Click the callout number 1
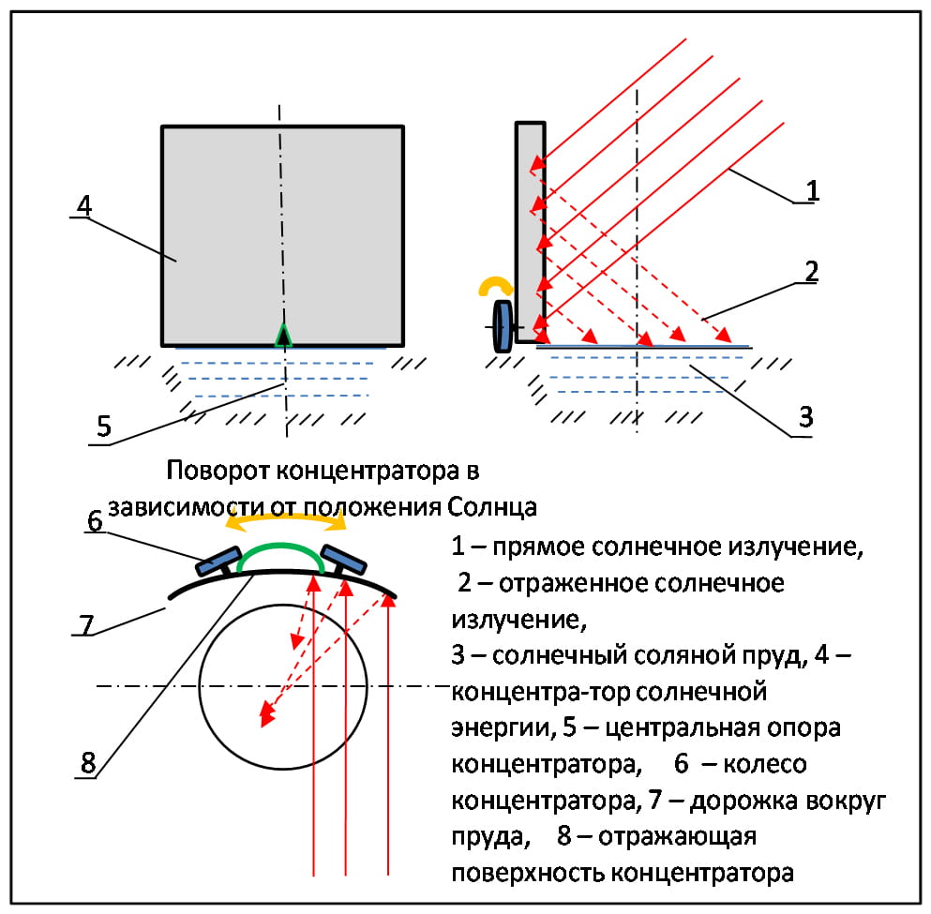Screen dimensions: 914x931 coord(813,189)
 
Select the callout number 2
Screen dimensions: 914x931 coord(811,272)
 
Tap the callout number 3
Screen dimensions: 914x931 coord(804,418)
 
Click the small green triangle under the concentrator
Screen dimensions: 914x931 coord(282,335)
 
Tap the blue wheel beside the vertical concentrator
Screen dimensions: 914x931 coord(504,325)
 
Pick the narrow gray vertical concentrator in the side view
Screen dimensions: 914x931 coord(530,230)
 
